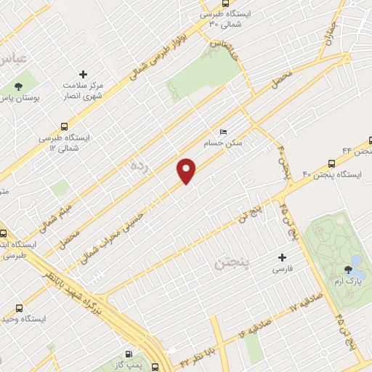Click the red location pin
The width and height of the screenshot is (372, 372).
pyautogui.click(x=187, y=171)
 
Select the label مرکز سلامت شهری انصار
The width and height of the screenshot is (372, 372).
pyautogui.click(x=81, y=90)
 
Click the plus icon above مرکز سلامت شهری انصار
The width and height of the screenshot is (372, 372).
pyautogui.click(x=82, y=74)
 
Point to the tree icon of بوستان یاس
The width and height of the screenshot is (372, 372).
pyautogui.click(x=17, y=87)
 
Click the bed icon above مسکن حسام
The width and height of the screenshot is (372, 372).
pyautogui.click(x=223, y=132)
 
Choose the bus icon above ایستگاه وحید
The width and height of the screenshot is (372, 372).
pyautogui.click(x=19, y=308)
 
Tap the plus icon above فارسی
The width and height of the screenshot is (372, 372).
pyautogui.click(x=283, y=257)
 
